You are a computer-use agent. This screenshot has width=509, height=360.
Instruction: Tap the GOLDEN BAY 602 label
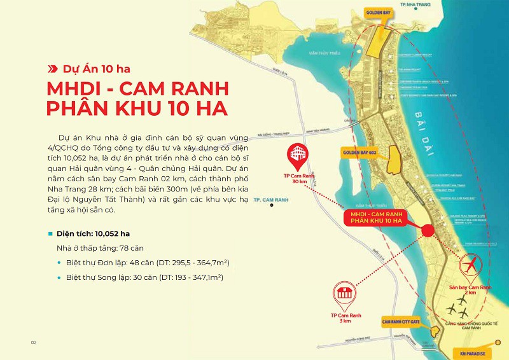coord(359,154)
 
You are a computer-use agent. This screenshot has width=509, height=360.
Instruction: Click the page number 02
coord(34,343)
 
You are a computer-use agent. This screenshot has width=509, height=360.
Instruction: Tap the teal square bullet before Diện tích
coord(50,233)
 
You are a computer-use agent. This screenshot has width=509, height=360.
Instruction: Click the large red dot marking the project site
coord(428,230)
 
